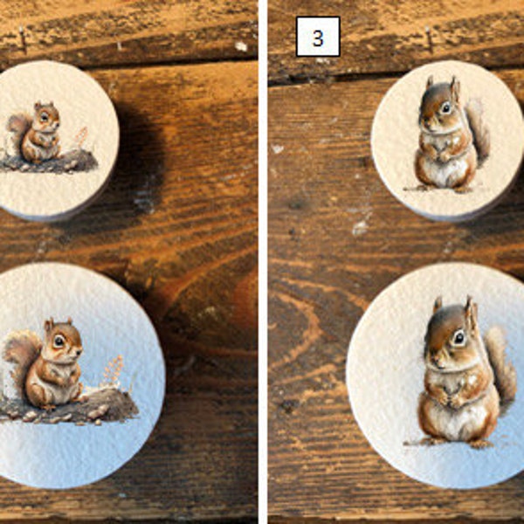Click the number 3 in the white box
tap(318, 38)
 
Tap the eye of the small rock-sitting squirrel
tap(45, 117)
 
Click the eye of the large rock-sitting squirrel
tap(59, 341)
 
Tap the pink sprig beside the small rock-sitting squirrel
tap(81, 138)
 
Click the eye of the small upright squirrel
tap(445, 107)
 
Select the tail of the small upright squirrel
tap(479, 132)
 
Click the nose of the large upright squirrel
tap(432, 360)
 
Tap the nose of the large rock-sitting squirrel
tap(80, 352)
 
